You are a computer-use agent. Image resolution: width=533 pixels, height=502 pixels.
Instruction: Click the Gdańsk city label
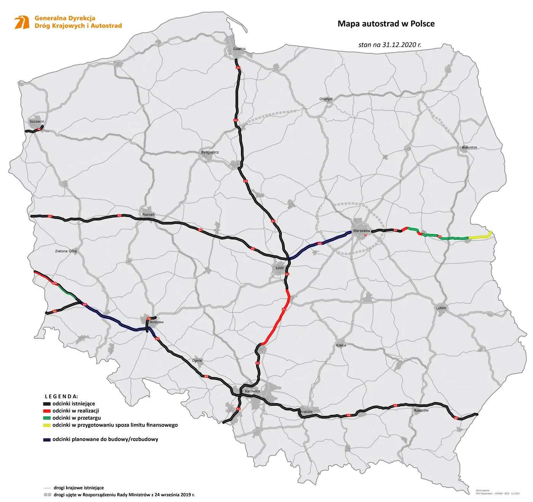click(x=239, y=49)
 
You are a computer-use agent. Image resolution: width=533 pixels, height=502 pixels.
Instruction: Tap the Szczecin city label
click(x=37, y=121)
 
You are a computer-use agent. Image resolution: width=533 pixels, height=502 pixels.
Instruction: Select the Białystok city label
click(x=469, y=147)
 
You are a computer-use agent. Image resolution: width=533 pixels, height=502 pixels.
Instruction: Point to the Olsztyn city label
click(x=326, y=99)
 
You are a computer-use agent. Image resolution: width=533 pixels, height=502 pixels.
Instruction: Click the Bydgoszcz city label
click(x=210, y=152)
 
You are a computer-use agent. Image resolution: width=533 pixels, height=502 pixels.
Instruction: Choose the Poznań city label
click(x=148, y=215)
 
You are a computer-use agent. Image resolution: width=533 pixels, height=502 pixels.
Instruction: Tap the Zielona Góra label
click(x=66, y=251)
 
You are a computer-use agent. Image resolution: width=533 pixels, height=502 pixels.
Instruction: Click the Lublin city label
click(x=441, y=308)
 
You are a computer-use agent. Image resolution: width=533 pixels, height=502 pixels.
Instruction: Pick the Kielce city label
click(x=341, y=345)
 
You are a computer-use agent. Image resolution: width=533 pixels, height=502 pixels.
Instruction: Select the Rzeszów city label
click(x=421, y=411)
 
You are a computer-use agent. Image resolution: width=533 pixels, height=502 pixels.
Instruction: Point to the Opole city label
click(x=197, y=360)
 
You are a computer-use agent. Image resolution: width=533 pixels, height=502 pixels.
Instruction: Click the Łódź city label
click(x=279, y=268)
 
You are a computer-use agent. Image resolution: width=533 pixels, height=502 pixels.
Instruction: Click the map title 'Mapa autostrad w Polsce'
click(x=386, y=24)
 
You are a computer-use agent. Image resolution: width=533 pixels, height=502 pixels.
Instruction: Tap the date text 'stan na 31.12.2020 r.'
click(x=390, y=45)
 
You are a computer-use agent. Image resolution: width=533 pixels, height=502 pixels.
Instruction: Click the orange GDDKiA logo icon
click(x=22, y=22)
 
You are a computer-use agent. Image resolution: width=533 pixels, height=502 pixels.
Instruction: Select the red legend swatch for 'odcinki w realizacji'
click(x=47, y=411)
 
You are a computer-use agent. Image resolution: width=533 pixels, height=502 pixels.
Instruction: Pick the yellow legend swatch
click(x=47, y=425)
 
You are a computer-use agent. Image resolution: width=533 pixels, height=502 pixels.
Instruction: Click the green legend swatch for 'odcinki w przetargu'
click(x=47, y=418)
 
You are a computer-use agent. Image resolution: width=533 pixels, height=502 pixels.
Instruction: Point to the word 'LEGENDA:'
click(x=61, y=396)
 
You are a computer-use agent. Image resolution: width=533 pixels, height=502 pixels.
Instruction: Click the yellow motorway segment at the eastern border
click(x=480, y=237)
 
